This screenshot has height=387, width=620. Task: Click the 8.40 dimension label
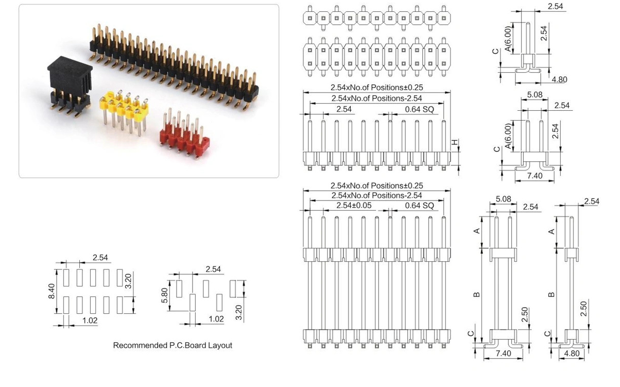[52, 291]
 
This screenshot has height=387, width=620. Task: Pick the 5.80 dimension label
[164, 295]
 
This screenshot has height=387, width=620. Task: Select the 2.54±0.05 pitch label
[354, 206]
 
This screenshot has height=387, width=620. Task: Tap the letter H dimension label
[455, 142]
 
